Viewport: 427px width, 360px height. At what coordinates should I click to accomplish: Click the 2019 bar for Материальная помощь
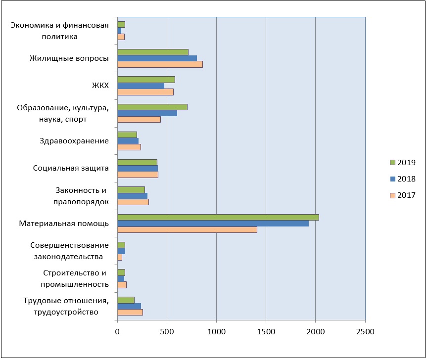pyautogui.click(x=218, y=217)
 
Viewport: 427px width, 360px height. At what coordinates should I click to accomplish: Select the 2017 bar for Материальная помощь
pyautogui.click(x=187, y=229)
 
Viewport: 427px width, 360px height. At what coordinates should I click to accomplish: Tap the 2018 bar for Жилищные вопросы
pyautogui.click(x=157, y=58)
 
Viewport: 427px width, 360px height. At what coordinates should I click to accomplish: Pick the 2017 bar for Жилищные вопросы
pyautogui.click(x=160, y=64)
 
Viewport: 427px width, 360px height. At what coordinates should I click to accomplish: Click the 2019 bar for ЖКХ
pyautogui.click(x=146, y=80)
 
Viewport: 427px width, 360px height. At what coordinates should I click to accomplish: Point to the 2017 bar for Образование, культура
pyautogui.click(x=139, y=119)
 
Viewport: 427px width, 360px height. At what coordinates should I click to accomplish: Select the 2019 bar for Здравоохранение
pyautogui.click(x=127, y=135)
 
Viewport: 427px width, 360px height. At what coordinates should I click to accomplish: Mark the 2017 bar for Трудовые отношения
pyautogui.click(x=130, y=312)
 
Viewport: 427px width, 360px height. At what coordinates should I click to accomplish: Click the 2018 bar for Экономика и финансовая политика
pyautogui.click(x=119, y=31)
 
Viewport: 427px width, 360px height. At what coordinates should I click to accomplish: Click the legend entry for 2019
pyautogui.click(x=402, y=162)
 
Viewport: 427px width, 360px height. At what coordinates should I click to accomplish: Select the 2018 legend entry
pyautogui.click(x=402, y=179)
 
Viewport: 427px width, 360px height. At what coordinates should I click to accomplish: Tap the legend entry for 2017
pyautogui.click(x=402, y=195)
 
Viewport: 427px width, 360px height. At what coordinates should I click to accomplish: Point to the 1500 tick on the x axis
pyautogui.click(x=266, y=332)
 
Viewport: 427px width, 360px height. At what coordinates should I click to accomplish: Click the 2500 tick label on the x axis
pyautogui.click(x=365, y=332)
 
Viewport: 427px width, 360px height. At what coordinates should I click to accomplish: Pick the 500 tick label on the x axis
pyautogui.click(x=167, y=332)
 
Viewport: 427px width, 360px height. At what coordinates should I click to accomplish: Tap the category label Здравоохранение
pyautogui.click(x=74, y=141)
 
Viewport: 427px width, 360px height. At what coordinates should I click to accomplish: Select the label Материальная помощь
pyautogui.click(x=64, y=224)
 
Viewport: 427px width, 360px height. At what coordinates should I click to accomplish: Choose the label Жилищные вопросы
pyautogui.click(x=69, y=58)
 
